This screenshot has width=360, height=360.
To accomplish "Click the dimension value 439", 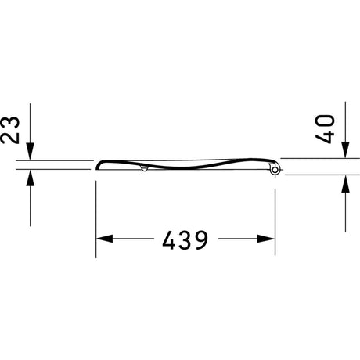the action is click(x=185, y=239).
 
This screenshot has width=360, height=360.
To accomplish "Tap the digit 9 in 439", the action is click(x=202, y=239).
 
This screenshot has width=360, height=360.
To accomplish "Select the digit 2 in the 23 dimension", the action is click(x=10, y=138).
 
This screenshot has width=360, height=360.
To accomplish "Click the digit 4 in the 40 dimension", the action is click(x=325, y=138).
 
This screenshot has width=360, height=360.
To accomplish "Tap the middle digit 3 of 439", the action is click(x=185, y=239).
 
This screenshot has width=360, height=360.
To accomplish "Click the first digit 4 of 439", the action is click(x=169, y=239).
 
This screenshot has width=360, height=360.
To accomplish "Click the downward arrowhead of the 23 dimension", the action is click(x=30, y=151).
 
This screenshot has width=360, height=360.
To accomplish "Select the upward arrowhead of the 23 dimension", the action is click(x=30, y=178).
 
